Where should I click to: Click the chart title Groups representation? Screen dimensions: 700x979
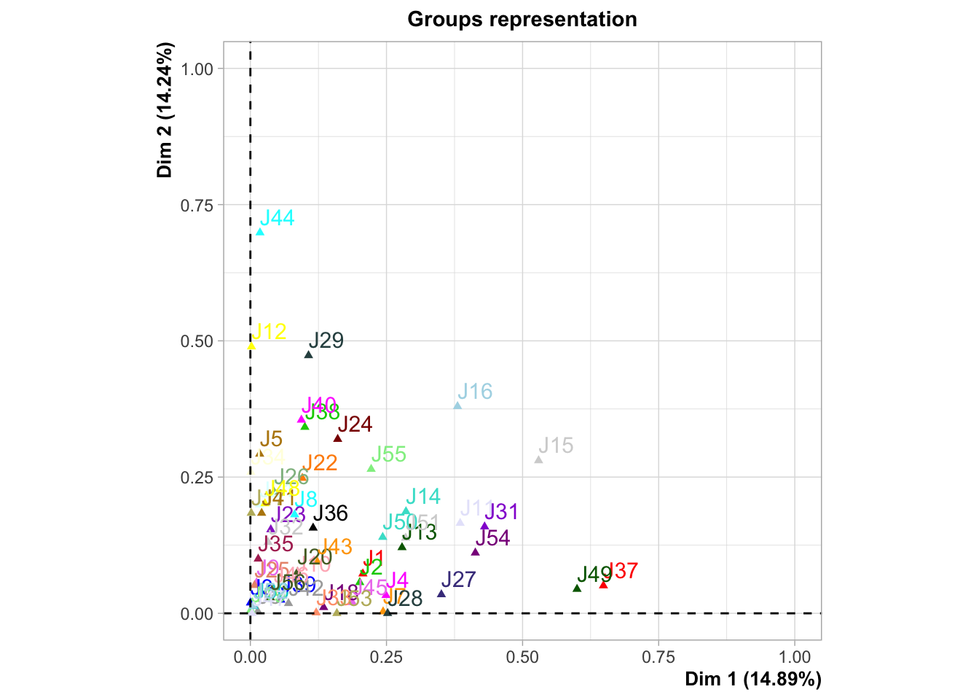(522, 19)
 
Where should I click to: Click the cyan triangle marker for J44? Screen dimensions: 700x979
(260, 232)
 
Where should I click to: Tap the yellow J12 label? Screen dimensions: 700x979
(269, 332)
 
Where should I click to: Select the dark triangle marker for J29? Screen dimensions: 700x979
(308, 354)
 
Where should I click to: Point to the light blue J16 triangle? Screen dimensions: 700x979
(457, 405)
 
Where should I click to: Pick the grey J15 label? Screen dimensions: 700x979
(556, 446)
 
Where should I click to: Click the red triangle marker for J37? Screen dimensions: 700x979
(603, 584)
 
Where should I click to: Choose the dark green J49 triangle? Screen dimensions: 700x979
(577, 588)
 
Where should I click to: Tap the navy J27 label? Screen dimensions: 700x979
(458, 580)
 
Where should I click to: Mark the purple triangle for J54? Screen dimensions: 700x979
(475, 551)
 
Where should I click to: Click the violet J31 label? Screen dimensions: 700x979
(501, 512)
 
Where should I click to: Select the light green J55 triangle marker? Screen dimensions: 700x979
(371, 468)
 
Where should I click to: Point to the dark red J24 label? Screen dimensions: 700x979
(355, 424)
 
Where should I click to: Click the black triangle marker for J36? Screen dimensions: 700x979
(313, 526)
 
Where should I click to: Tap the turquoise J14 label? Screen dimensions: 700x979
(422, 497)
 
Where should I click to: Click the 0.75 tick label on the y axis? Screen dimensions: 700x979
(197, 205)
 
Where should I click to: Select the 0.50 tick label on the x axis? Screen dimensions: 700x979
(522, 657)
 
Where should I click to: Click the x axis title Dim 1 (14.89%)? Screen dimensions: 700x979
(752, 679)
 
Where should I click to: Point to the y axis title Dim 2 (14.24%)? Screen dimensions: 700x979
(165, 110)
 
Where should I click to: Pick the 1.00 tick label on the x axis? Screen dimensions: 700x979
(794, 657)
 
